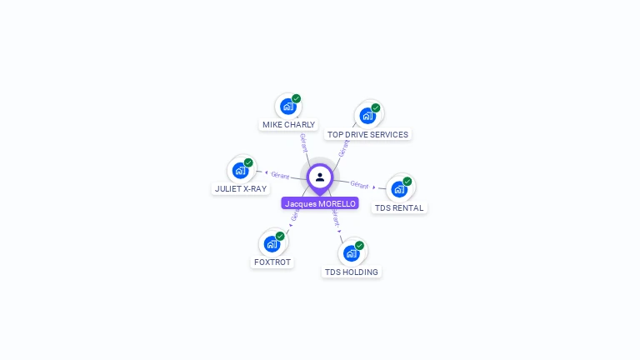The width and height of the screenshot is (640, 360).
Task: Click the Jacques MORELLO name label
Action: click(x=320, y=203)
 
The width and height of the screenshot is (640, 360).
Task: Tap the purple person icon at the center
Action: click(x=320, y=177)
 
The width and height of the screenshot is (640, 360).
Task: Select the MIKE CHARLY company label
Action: click(x=288, y=125)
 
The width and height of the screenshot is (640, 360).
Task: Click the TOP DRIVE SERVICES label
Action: click(x=367, y=134)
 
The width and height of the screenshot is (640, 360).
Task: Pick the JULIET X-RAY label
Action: click(x=241, y=188)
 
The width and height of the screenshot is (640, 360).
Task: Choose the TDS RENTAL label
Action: click(x=398, y=207)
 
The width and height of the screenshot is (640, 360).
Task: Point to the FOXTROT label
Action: click(x=272, y=262)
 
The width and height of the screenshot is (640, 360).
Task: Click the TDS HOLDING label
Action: click(x=351, y=272)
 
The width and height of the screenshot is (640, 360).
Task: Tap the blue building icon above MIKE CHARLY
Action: click(x=287, y=107)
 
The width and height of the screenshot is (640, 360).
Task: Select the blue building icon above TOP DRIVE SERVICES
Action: click(x=367, y=116)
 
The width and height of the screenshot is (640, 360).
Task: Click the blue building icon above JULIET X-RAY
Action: click(x=240, y=170)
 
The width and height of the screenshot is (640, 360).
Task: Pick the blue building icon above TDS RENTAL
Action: click(x=398, y=189)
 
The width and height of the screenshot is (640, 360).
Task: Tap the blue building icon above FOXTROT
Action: click(x=272, y=243)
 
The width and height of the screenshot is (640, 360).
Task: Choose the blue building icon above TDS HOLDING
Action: click(x=351, y=253)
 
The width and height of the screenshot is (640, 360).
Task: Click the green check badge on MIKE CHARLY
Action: click(x=297, y=98)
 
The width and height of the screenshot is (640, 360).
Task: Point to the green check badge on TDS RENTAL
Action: click(x=407, y=181)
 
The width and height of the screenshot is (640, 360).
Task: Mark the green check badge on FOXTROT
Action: click(x=280, y=236)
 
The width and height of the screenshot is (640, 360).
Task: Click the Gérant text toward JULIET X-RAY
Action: click(x=280, y=175)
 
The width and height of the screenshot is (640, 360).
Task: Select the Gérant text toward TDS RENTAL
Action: click(x=359, y=184)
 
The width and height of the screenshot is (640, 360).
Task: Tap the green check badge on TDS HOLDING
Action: click(x=359, y=245)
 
